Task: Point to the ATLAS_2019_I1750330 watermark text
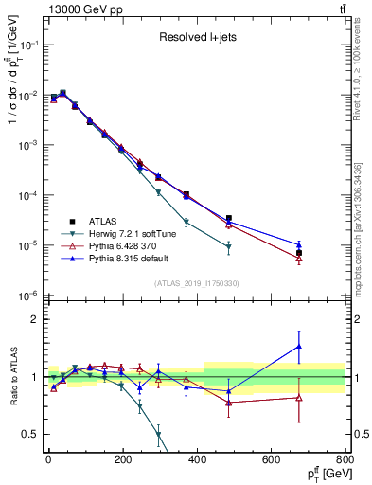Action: point(196,283)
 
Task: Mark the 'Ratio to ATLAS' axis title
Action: point(12,377)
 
